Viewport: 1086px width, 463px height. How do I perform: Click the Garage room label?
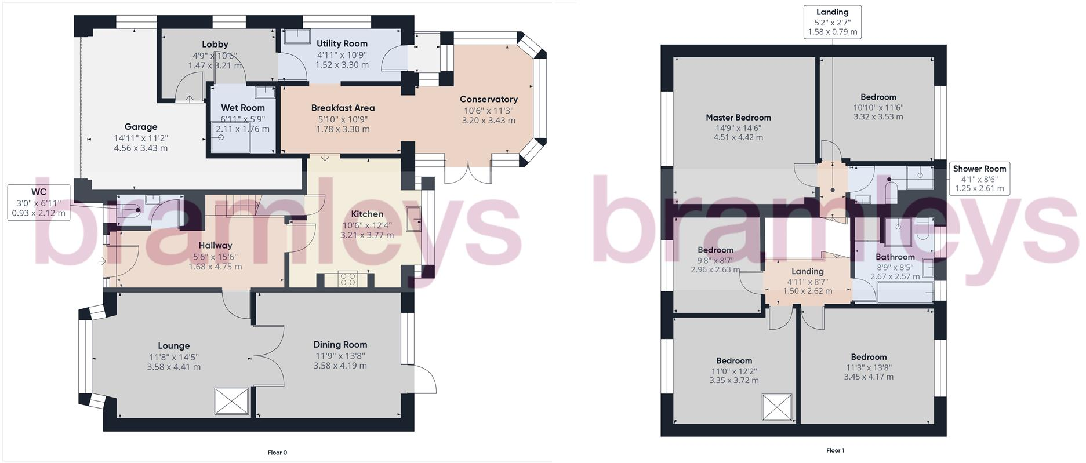point(141,127)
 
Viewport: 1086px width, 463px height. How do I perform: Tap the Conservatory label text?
point(488,99)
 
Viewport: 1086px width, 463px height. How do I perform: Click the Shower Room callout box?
point(979,178)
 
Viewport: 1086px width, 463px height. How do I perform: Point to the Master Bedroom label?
point(738,118)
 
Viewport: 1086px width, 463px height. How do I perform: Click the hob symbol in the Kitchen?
point(348,279)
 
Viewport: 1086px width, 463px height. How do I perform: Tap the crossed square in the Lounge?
point(232,401)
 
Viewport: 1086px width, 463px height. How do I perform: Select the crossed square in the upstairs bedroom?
point(777,407)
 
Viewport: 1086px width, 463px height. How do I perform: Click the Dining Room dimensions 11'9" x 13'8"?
point(340,356)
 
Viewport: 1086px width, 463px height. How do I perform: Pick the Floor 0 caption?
point(277,453)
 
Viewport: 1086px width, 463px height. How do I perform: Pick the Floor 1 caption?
point(835,450)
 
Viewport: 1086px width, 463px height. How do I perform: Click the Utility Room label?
point(342,43)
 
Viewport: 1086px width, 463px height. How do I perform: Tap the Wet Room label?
point(242,108)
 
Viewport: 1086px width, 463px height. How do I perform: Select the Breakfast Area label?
point(343,108)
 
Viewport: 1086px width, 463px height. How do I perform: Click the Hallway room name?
point(215,245)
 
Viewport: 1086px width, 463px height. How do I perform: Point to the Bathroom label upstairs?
point(895,257)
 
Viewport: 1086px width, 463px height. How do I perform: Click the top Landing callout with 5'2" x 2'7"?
point(832,22)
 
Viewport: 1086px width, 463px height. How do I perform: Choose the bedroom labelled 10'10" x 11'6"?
point(878,97)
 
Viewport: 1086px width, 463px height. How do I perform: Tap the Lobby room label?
point(215,45)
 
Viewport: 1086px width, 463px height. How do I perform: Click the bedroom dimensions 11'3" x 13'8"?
point(868,367)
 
